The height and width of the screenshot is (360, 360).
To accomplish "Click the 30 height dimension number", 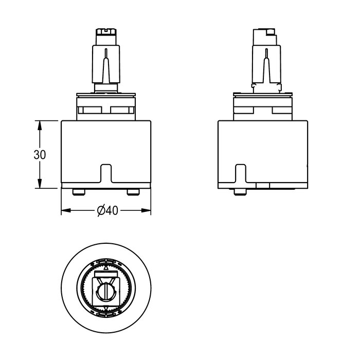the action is click(40, 155).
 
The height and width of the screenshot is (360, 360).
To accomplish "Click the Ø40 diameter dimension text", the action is click(107, 210).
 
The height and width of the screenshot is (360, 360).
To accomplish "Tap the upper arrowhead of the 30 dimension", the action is click(40, 125).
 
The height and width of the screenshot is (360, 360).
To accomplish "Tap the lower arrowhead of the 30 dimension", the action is click(40, 183).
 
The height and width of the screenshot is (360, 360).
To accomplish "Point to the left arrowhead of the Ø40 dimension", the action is click(66, 210).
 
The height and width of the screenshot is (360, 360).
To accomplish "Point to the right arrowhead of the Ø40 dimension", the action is click(146, 210).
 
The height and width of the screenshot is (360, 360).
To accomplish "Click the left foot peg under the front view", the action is click(79, 192).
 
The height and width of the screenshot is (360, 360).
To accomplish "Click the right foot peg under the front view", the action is click(133, 192).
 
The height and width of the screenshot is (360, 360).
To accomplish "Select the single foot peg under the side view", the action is click(240, 192).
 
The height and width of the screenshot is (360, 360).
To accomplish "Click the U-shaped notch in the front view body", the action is click(106, 173).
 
